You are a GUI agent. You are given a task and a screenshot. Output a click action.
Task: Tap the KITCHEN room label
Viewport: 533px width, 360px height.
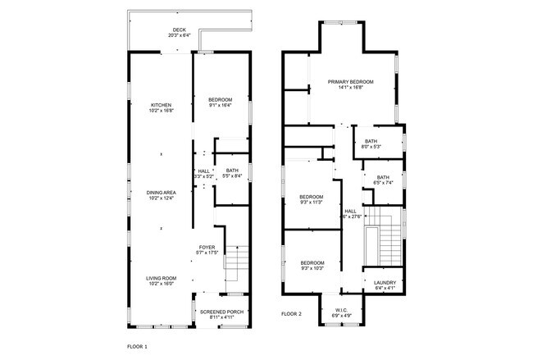point(161,105)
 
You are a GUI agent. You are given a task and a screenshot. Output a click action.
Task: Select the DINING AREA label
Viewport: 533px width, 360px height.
point(161,193)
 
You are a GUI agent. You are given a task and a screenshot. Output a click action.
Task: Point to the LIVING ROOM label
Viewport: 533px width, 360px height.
point(161,280)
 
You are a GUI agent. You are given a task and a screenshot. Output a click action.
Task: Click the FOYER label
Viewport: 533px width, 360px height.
point(207,247)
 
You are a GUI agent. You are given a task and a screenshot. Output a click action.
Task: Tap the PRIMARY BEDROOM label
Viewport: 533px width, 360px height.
point(350,82)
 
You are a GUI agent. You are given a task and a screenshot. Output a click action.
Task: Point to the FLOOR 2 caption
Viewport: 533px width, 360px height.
point(291,314)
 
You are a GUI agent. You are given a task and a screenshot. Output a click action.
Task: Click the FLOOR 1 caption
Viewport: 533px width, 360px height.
point(138,347)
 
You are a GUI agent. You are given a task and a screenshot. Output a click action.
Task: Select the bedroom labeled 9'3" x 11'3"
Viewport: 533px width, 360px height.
point(311,199)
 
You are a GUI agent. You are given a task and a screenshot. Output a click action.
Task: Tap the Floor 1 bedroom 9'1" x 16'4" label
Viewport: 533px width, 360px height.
point(221,102)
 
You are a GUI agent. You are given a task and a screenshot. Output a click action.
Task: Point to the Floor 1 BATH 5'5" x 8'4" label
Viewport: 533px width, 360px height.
point(232,173)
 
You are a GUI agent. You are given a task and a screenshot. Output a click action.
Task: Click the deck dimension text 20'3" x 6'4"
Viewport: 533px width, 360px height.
point(180,35)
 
